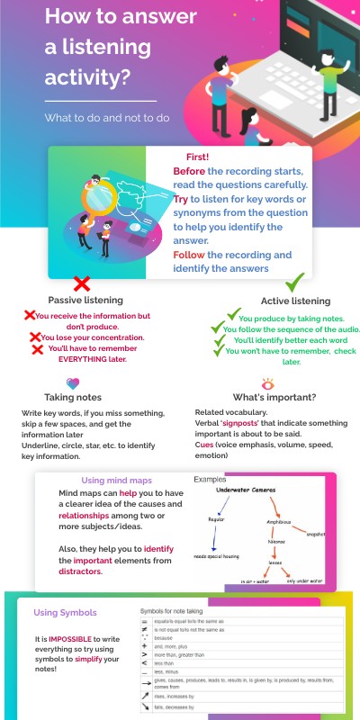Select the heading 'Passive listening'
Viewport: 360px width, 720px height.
point(85,300)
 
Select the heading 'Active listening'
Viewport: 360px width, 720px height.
point(295,301)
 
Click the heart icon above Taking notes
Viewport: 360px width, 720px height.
point(73,382)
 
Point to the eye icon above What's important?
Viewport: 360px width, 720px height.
point(266,382)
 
